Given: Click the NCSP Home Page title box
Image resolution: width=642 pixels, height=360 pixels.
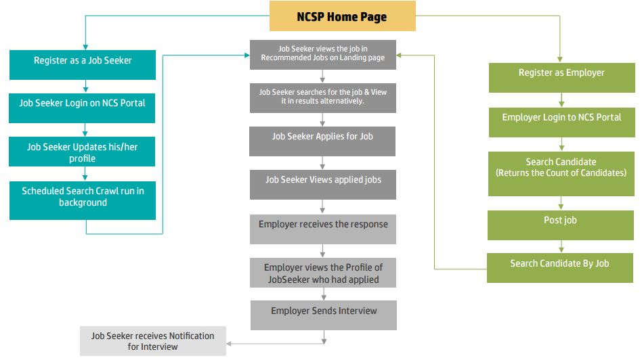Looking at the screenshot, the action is [342, 16].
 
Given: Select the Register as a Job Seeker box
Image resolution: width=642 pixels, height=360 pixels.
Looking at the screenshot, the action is [83, 65].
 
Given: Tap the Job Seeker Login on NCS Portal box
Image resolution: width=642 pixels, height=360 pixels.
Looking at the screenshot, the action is [82, 108].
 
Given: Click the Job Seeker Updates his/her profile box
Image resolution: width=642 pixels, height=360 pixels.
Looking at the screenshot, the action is [82, 152].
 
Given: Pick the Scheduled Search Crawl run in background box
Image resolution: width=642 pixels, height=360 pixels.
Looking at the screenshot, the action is [83, 200].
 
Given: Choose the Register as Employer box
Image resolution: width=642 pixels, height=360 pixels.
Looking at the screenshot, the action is [562, 78].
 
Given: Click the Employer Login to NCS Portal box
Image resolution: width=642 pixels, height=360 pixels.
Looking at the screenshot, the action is [562, 122].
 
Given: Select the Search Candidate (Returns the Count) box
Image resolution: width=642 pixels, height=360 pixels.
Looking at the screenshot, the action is [561, 174].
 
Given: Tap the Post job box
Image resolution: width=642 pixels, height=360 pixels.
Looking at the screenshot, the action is [561, 225].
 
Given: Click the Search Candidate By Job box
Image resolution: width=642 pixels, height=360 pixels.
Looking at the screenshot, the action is [559, 268].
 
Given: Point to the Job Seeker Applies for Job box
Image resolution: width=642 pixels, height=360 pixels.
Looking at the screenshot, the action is [322, 141].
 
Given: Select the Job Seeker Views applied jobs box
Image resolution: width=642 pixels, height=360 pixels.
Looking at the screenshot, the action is [322, 185].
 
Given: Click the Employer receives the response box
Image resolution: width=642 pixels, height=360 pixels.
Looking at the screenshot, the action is [322, 229].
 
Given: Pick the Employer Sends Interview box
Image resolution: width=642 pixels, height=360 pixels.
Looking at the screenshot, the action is [324, 315].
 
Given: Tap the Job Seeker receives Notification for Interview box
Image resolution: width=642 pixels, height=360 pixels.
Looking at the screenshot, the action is [153, 341].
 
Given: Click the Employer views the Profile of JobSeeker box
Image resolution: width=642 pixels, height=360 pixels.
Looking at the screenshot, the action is [322, 273].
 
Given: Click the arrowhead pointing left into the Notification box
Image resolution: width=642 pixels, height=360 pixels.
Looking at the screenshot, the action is [228, 344].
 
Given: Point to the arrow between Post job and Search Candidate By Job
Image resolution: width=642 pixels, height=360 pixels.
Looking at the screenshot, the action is [561, 246].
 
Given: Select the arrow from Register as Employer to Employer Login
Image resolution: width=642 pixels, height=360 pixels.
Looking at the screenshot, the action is [561, 100].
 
